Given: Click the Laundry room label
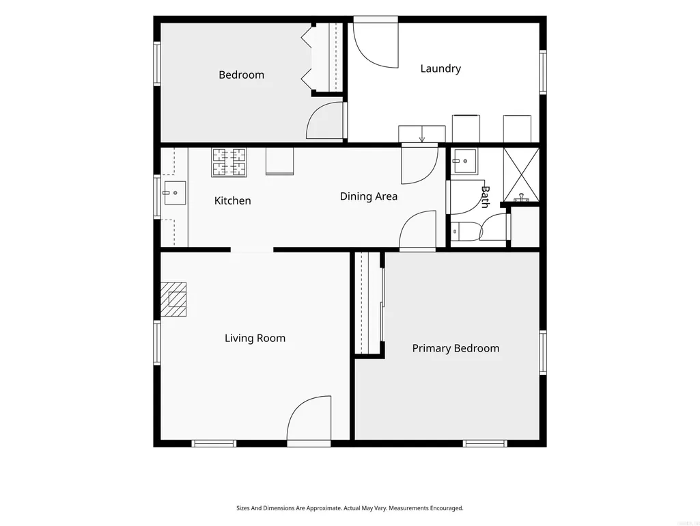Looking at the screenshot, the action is coord(440,68).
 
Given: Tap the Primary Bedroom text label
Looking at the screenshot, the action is coord(456,348).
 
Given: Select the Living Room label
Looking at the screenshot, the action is coord(255,338).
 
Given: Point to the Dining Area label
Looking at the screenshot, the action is coord(368,196).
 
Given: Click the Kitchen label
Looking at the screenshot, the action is coord(233,200).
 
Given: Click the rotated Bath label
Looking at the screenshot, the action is coord(485,197).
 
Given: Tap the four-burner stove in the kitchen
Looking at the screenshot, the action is coord(229,162).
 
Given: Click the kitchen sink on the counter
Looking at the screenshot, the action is coord(175,193).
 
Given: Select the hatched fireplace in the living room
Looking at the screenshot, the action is coord(173,299).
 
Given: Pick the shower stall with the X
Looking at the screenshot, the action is coord(521,175).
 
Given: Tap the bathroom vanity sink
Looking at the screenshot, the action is coord(464,161).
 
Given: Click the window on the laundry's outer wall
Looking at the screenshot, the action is coord(543,72).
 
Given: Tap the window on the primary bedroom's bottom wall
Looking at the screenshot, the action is coord(485,443).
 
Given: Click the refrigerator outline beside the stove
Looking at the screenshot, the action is coord(279,161).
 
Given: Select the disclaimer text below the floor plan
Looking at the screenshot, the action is coord(350,508).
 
